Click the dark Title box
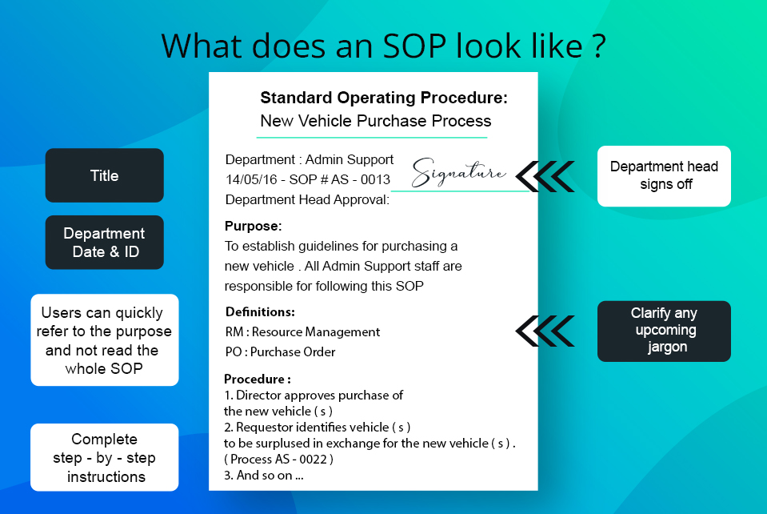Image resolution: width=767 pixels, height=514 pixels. (104, 175)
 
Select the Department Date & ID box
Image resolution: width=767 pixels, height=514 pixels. (104, 243)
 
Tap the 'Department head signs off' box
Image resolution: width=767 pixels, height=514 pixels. (664, 176)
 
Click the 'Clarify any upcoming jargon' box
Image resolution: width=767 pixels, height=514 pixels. (664, 331)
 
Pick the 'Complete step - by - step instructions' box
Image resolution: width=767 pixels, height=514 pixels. (104, 457)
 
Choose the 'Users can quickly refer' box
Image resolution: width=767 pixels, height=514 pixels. (104, 339)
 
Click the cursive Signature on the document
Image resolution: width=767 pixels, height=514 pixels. (458, 172)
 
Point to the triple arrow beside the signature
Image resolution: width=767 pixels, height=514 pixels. (545, 176)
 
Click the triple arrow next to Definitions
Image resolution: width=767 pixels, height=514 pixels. (545, 331)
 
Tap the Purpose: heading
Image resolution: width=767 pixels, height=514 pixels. (253, 226)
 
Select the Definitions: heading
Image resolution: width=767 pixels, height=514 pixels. (260, 311)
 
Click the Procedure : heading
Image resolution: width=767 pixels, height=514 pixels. (258, 379)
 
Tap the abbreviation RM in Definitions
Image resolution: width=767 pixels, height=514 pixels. (234, 332)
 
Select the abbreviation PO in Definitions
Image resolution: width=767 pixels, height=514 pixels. (234, 352)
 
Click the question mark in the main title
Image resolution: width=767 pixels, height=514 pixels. (599, 46)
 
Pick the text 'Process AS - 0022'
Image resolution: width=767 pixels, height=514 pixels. (278, 460)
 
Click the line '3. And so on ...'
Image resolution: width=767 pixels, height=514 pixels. (264, 476)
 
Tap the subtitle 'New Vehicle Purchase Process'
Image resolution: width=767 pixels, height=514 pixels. (376, 121)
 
